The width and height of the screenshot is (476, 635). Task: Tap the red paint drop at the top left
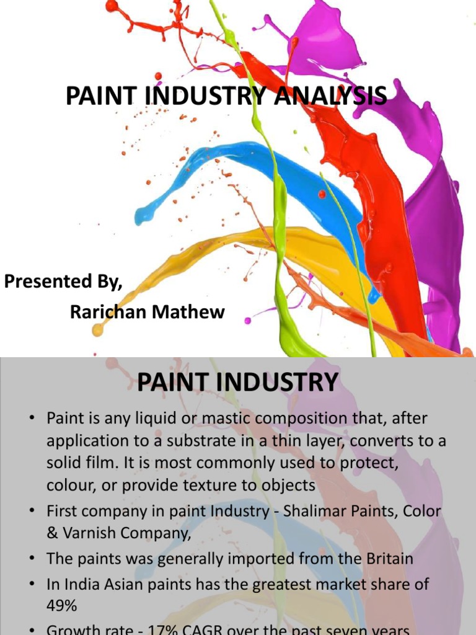click(112, 7)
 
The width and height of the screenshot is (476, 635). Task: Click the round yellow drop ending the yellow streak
click(97, 331)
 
